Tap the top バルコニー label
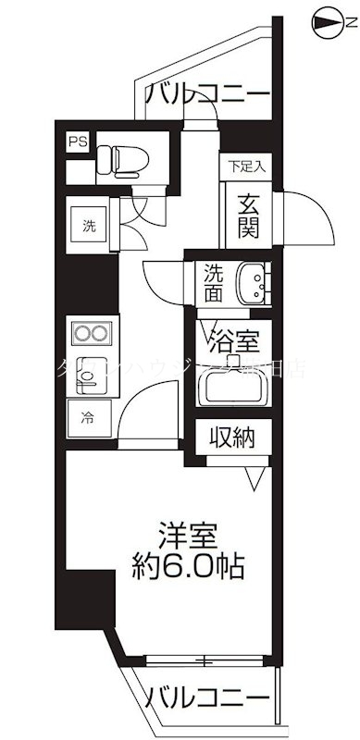pos(208,93)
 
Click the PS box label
pos(75,142)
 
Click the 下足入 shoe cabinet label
pos(247,166)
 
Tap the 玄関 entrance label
pos(247,214)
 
